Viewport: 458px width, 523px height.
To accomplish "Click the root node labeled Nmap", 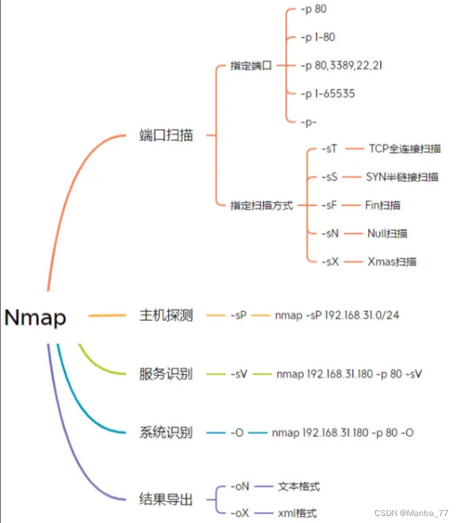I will [x=35, y=317].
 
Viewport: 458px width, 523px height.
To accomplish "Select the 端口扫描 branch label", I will [x=166, y=135].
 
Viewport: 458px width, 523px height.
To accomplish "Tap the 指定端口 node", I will [x=251, y=66].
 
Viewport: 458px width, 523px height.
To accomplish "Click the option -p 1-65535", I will [x=328, y=93].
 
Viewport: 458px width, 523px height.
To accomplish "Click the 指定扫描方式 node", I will [x=262, y=205].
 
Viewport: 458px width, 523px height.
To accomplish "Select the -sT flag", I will [x=330, y=149].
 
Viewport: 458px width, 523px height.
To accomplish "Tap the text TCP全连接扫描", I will [x=405, y=149].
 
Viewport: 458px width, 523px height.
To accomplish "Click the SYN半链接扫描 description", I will [x=402, y=177].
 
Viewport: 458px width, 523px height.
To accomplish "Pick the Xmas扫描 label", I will [x=392, y=261].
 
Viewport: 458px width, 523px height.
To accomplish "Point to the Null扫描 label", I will [x=387, y=233].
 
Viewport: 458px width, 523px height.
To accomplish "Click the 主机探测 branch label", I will [x=166, y=315].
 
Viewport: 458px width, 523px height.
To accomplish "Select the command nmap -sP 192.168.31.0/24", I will [x=337, y=315].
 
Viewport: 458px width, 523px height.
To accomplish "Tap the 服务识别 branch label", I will [x=166, y=373].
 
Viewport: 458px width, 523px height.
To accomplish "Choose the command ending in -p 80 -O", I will [x=343, y=433].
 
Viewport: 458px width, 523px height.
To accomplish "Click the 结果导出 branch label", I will [x=166, y=500].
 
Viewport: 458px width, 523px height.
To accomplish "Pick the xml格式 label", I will [x=297, y=514].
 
